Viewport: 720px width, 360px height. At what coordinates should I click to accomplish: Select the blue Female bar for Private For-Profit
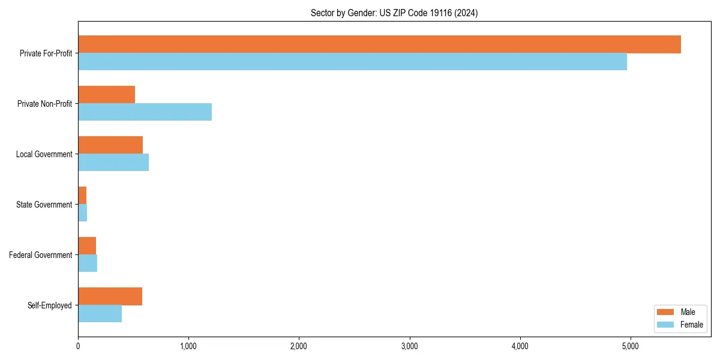coord(352,62)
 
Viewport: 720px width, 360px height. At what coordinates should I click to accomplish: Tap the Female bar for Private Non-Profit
coord(145,112)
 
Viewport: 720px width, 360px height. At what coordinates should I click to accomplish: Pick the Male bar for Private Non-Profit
coord(106,95)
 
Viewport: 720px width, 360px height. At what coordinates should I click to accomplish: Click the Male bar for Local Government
coord(110,145)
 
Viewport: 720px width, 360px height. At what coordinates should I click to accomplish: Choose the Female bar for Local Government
coord(113,163)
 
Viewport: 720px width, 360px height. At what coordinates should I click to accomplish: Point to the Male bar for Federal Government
coord(87,246)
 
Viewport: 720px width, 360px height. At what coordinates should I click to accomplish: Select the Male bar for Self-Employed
coord(110,296)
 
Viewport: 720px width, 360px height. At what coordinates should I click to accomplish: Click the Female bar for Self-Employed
coord(100,314)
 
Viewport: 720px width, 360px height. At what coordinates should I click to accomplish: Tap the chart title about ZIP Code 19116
coord(394,13)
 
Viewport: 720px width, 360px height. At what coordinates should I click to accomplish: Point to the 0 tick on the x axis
coord(78,346)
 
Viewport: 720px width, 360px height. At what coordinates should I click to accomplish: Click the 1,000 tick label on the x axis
coord(188,346)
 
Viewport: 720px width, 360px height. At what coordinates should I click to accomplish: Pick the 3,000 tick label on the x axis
coord(409,346)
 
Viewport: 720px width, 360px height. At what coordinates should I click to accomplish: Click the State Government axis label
coord(44,205)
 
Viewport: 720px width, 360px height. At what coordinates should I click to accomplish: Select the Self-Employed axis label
coord(49,305)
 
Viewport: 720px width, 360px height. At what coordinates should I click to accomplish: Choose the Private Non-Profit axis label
coord(44,104)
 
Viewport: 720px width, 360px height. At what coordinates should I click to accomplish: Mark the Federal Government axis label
coord(41,255)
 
